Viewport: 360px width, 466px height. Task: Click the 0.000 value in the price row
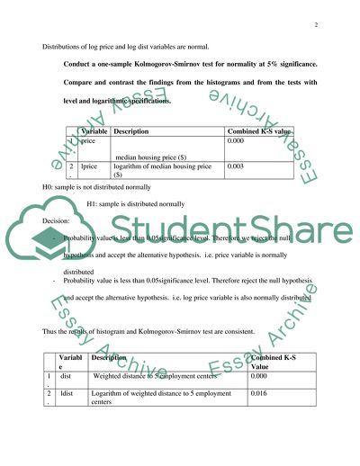pyautogui.click(x=237, y=141)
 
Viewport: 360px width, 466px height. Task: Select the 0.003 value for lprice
pyautogui.click(x=237, y=166)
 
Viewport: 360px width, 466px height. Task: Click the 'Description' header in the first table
pyautogui.click(x=131, y=131)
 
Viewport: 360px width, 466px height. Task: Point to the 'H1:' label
pyautogui.click(x=94, y=203)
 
